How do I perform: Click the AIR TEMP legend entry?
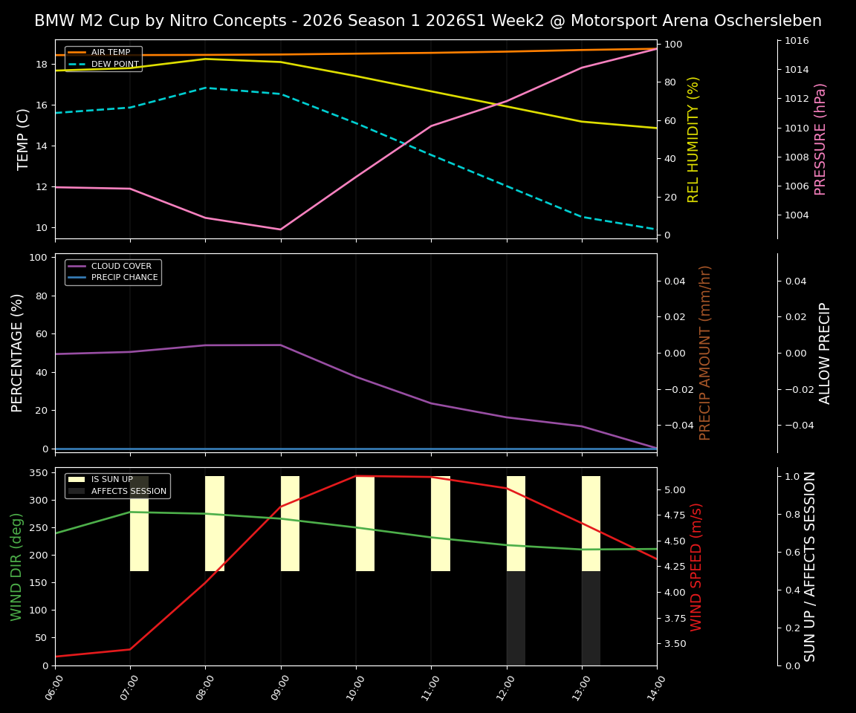111,53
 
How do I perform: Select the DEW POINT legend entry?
114,65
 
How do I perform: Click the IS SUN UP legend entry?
112,480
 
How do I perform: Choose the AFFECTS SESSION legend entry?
129,491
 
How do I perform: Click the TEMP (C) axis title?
24,139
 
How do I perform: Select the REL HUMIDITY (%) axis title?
694,139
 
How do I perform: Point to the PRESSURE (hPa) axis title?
820,139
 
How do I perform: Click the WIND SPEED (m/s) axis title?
696,567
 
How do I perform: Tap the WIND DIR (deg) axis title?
16,567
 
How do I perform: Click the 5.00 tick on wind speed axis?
675,490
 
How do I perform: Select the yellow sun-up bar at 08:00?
215,524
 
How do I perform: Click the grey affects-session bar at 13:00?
591,618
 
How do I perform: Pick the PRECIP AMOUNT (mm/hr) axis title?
705,353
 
